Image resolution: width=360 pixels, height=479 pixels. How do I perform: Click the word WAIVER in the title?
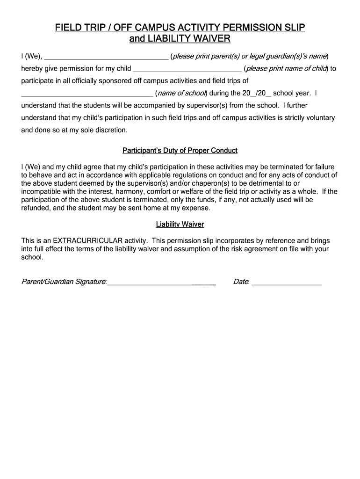click(x=209, y=39)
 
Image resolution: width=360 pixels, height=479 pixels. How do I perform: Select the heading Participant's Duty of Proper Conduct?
click(x=180, y=151)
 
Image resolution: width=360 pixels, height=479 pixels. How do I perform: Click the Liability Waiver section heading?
click(x=180, y=225)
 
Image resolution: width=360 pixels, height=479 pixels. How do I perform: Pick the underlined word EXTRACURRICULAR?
click(x=88, y=241)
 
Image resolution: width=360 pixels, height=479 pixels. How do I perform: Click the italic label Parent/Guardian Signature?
click(x=64, y=282)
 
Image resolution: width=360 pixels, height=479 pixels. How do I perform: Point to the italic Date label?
click(x=241, y=282)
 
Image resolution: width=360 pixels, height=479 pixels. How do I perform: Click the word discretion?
click(x=110, y=130)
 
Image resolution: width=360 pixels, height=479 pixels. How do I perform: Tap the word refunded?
click(x=35, y=208)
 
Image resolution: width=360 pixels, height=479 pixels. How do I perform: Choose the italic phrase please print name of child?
click(x=286, y=69)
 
